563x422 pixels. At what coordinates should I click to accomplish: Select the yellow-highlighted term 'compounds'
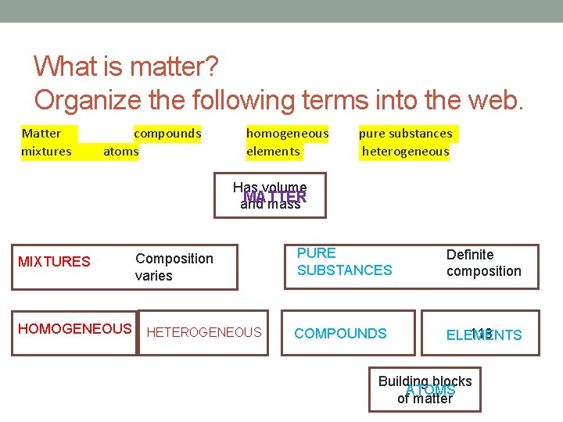point(167,134)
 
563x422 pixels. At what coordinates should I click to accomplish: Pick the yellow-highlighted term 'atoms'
point(121,152)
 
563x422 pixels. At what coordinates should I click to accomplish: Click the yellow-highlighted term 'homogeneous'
point(287,134)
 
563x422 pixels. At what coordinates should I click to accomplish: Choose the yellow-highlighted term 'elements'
point(273,152)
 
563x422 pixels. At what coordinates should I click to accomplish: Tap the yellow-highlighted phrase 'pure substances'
point(405,134)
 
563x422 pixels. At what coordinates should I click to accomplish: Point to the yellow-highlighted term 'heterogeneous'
point(406,152)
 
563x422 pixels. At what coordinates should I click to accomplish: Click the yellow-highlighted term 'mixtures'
point(47,152)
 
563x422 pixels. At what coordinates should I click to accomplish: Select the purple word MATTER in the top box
point(274,197)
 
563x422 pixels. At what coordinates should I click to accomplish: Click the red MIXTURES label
point(54,262)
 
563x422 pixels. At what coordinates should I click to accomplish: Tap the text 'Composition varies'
point(174,267)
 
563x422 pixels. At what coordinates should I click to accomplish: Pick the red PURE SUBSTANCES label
point(344,262)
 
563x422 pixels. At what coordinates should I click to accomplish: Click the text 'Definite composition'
point(483,263)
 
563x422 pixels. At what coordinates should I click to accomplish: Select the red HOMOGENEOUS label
point(74,329)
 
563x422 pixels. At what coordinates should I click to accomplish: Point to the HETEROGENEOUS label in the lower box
point(204,333)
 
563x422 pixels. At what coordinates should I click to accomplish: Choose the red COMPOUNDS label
point(340,334)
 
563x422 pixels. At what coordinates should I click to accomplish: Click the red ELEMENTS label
point(484,335)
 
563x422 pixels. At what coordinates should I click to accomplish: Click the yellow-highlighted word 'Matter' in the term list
point(41,134)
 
